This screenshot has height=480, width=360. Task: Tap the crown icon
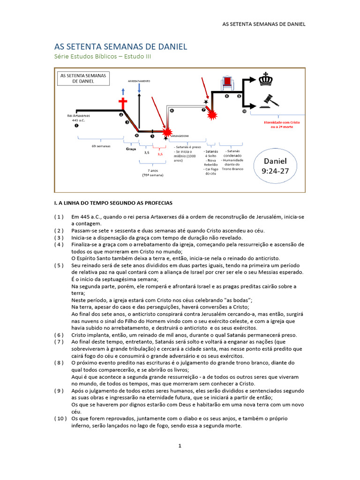coord(266,79)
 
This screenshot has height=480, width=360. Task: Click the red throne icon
coord(227,83)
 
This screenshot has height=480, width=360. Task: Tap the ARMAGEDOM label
coord(180,135)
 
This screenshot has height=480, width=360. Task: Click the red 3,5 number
coord(160,153)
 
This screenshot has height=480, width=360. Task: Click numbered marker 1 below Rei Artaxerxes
coord(77,126)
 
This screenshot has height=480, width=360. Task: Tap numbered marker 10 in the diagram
coord(244,112)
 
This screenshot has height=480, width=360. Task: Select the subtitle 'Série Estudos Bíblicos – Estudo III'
coord(103,57)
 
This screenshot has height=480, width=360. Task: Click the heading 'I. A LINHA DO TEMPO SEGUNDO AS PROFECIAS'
coord(114,203)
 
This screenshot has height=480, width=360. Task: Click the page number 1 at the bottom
coord(180,446)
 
